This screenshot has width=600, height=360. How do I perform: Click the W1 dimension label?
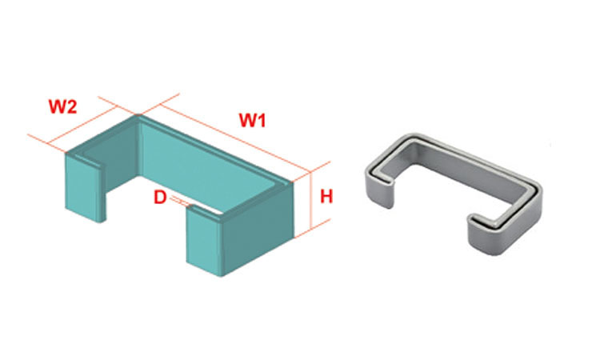pyautogui.click(x=252, y=120)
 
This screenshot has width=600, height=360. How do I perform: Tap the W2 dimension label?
pyautogui.click(x=62, y=106)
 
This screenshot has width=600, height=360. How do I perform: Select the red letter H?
pyautogui.click(x=326, y=197)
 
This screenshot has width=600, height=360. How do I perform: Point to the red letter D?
pyautogui.click(x=160, y=198)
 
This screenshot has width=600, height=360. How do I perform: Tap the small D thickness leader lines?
pyautogui.click(x=181, y=202)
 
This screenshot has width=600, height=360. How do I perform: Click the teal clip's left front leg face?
pyautogui.click(x=82, y=187)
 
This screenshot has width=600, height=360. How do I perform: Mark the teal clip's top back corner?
pyautogui.click(x=138, y=115)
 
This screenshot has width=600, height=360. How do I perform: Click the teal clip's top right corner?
pyautogui.click(x=293, y=182)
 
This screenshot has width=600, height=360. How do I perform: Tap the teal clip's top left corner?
pyautogui.click(x=66, y=153)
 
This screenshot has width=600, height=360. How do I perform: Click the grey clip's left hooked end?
pyautogui.click(x=381, y=190)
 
